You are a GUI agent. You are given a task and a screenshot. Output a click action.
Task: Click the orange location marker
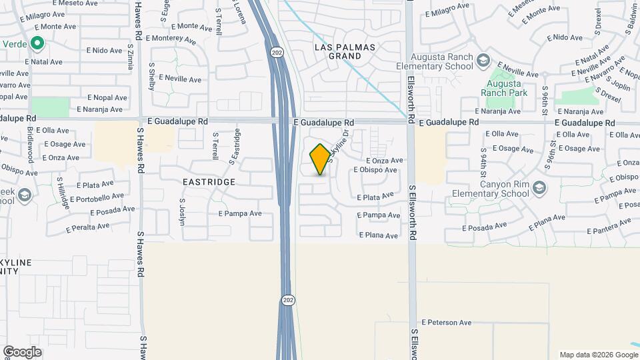tap(320, 159)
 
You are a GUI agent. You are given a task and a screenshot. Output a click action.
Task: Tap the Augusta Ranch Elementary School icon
tap(482, 62)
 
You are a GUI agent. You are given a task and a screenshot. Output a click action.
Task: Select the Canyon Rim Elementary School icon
tap(539, 189)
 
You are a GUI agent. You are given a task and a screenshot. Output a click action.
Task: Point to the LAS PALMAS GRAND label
tap(345, 51)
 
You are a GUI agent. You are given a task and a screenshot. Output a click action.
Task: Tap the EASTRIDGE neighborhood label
tap(209, 181)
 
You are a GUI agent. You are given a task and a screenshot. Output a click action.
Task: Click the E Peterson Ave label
tap(446, 323)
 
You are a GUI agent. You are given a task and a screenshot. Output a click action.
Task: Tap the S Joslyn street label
tap(182, 211)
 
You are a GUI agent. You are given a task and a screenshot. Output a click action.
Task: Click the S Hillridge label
tap(63, 193)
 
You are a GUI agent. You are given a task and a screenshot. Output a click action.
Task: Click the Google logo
tap(22, 351)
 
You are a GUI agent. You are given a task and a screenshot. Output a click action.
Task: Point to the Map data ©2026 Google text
tap(598, 355)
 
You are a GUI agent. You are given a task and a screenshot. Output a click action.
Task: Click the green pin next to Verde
tap(37, 45)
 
